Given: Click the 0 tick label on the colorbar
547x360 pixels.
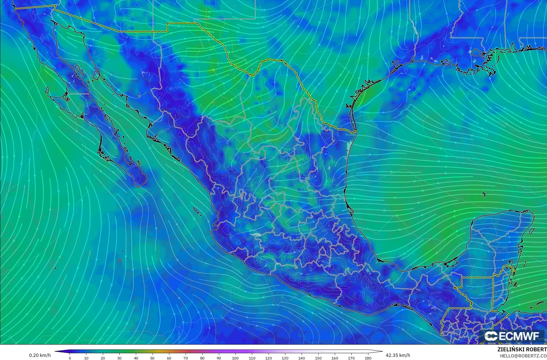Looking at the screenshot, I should pos(70,358).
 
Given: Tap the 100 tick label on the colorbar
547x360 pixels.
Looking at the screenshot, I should pos(235,358).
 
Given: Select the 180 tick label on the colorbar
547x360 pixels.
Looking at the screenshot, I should pos(368,358).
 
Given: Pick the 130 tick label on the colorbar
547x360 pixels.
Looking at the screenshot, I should pos(285,358).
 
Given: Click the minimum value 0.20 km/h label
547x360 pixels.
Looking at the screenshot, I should pos(40,355).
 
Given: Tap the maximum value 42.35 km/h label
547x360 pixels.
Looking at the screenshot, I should pos(398,355).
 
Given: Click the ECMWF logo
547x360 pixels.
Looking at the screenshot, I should pos(512,336).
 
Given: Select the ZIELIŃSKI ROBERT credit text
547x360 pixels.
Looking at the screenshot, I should pos(522,349).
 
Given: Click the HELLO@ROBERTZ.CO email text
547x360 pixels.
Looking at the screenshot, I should pos(523,356).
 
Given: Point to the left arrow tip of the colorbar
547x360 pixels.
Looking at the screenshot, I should pos(55,351).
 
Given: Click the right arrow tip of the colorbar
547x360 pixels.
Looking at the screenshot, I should pos(382,351).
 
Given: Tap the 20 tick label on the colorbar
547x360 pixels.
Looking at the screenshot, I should pos(103,358).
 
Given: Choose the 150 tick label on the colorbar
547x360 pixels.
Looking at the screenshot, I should pos(318,358).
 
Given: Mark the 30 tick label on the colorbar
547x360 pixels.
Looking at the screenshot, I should pos(120,358).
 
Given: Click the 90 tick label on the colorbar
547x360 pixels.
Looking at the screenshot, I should pos(219,358).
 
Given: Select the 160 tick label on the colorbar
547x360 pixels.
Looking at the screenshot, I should pos(335,358).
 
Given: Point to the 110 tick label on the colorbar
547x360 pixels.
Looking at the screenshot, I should pos(252,358).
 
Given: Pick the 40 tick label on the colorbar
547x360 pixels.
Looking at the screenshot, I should pos(136,358).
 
